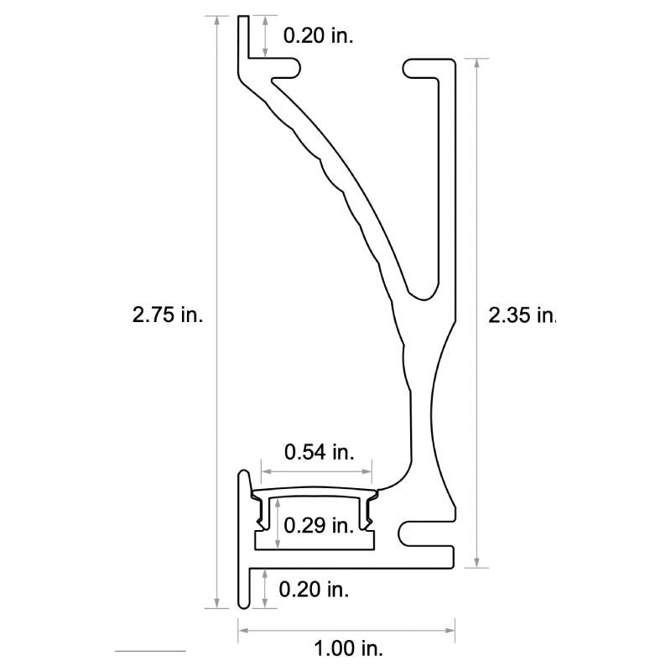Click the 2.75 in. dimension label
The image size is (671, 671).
coord(168,315)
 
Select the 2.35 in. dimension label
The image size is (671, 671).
coord(522,315)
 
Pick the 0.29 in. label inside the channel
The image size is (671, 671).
coord(318,526)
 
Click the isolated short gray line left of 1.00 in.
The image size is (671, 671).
coord(150,651)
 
